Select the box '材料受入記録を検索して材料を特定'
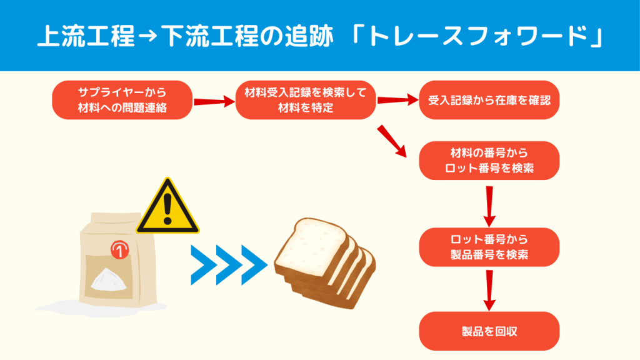click(x=306, y=100)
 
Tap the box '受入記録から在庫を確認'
click(x=489, y=100)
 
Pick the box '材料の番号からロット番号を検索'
click(x=489, y=161)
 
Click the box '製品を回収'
click(x=489, y=331)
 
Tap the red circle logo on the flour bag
click(x=117, y=249)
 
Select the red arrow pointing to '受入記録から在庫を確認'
click(x=397, y=100)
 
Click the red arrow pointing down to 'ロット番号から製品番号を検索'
click(x=489, y=207)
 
